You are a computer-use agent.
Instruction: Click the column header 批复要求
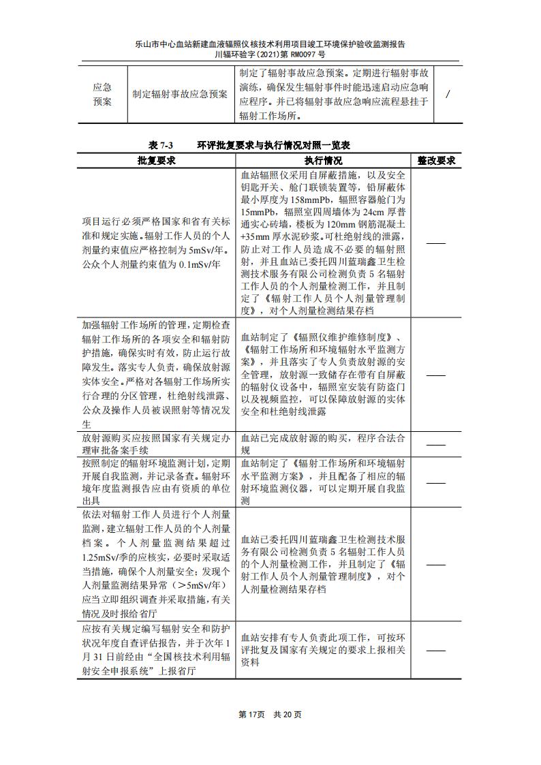[x=157, y=161]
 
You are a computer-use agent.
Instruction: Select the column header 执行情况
[x=324, y=161]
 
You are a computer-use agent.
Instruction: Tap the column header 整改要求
[x=436, y=161]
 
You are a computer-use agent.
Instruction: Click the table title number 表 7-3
[x=161, y=146]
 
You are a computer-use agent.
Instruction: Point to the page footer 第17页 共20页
[x=270, y=715]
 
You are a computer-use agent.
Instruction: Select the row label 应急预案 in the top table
[x=102, y=95]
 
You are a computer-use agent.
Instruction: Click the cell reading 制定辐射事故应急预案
[x=181, y=95]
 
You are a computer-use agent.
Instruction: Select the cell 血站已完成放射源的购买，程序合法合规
[x=324, y=444]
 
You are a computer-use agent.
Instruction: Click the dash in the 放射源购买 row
[x=435, y=445]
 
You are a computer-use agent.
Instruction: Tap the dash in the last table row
[x=435, y=651]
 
